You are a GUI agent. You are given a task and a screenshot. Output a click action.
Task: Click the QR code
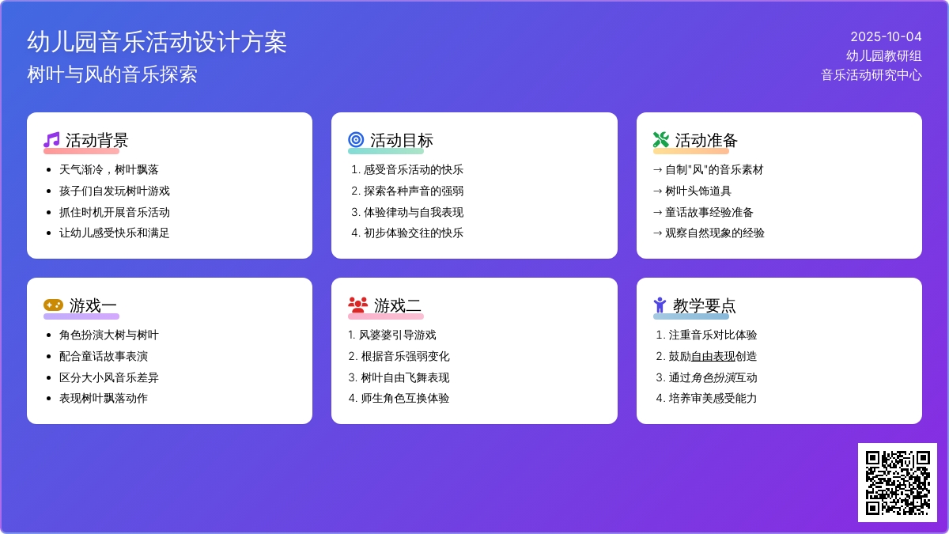pyautogui.click(x=898, y=483)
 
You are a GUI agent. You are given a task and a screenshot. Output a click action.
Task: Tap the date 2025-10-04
pyautogui.click(x=886, y=37)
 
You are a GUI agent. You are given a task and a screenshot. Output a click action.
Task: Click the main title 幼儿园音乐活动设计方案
pyautogui.click(x=157, y=42)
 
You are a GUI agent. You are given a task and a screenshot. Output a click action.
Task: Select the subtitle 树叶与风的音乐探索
pyautogui.click(x=112, y=74)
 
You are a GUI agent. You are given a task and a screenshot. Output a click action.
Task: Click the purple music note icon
pyautogui.click(x=51, y=140)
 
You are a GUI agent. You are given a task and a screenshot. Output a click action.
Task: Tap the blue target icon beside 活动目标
pyautogui.click(x=356, y=140)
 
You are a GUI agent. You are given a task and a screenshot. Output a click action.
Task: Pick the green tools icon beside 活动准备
pyautogui.click(x=661, y=140)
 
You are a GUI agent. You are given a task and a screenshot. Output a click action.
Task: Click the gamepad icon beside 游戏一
pyautogui.click(x=54, y=305)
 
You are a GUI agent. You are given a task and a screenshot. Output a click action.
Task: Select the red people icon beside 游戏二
pyautogui.click(x=358, y=305)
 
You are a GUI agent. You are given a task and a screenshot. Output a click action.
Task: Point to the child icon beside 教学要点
pyautogui.click(x=660, y=305)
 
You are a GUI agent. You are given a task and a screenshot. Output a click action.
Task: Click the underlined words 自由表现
pyautogui.click(x=713, y=357)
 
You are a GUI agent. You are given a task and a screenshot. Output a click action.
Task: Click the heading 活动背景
pyautogui.click(x=96, y=140)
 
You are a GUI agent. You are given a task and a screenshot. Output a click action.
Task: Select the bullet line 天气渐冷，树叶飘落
pyautogui.click(x=109, y=170)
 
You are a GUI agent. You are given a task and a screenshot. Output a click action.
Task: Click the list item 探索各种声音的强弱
pyautogui.click(x=414, y=191)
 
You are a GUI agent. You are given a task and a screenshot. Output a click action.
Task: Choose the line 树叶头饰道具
pyautogui.click(x=698, y=191)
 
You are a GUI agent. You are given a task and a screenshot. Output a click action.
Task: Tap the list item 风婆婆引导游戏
pyautogui.click(x=397, y=335)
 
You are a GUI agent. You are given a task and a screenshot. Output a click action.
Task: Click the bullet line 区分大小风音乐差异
pyautogui.click(x=109, y=377)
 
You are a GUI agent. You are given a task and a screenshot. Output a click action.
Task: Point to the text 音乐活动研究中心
pyautogui.click(x=871, y=75)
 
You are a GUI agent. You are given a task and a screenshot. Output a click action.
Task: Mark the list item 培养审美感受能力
pyautogui.click(x=713, y=399)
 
